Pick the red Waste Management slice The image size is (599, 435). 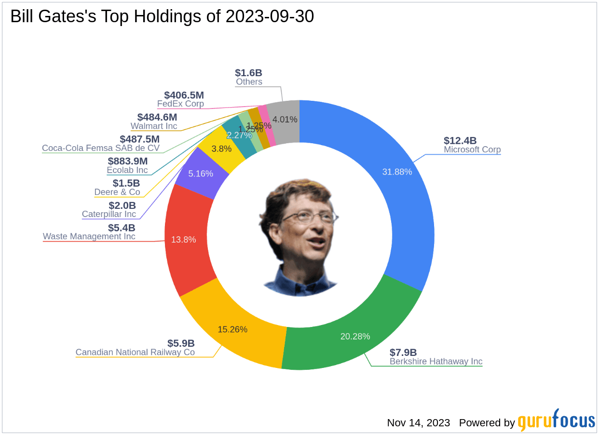[x=186, y=241]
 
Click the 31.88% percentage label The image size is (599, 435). [x=397, y=172]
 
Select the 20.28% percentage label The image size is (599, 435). [x=355, y=336]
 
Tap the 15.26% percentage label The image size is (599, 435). [x=232, y=329]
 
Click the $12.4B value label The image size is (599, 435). [x=460, y=141]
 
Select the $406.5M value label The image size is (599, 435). [x=184, y=95]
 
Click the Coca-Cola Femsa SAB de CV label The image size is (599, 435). [x=101, y=148]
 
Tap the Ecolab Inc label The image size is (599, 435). [x=127, y=170]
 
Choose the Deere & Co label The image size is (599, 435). [x=117, y=192]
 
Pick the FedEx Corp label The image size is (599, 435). [x=180, y=104]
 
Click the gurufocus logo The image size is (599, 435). [x=557, y=421]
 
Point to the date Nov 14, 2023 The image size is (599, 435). [x=419, y=423]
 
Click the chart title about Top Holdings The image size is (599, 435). [x=162, y=16]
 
